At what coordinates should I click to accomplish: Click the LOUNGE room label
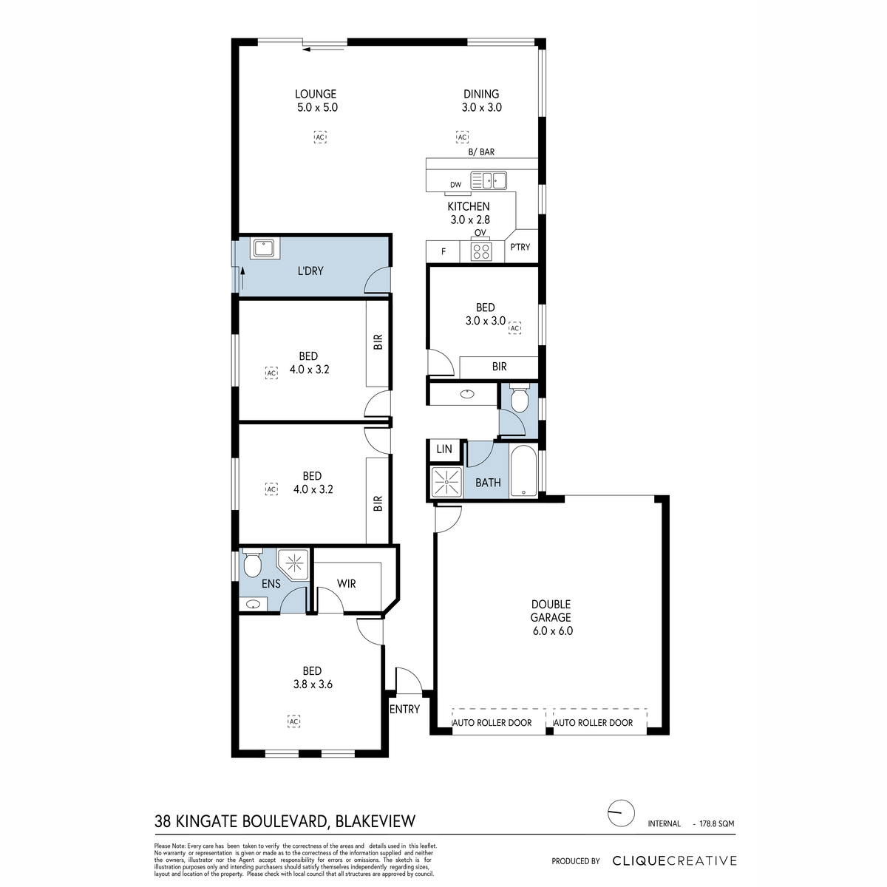[316, 94]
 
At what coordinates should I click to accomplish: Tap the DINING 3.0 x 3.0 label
[481, 101]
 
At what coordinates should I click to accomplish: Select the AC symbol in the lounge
[320, 137]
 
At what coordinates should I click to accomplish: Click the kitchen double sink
[489, 180]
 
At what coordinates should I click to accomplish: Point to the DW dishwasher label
[456, 185]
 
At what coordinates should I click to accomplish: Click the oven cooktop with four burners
[481, 251]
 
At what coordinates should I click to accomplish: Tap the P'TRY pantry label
[520, 247]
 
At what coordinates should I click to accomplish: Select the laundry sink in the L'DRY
[265, 248]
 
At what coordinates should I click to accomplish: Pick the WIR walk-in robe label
[346, 584]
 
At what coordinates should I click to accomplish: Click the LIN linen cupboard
[444, 449]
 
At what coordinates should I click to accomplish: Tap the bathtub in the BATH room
[523, 470]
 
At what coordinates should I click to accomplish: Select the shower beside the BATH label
[446, 482]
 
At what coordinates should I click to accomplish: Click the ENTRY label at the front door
[404, 710]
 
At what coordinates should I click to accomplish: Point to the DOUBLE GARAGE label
[551, 611]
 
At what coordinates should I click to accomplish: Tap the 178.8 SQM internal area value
[717, 823]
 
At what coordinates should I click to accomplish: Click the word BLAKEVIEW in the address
[375, 821]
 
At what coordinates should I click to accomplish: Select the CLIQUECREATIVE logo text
[674, 861]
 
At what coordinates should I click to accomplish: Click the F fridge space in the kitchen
[443, 252]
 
